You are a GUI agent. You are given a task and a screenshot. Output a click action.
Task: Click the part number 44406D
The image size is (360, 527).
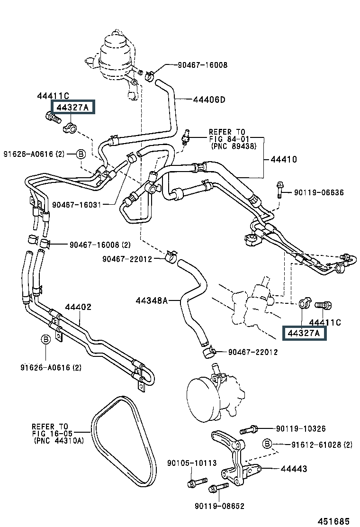point(209,100)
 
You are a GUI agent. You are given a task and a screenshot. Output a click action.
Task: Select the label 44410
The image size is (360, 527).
point(284,159)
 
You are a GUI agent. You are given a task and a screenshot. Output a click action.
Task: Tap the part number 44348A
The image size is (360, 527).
point(152,300)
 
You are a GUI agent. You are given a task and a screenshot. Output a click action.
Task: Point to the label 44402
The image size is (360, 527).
point(78,307)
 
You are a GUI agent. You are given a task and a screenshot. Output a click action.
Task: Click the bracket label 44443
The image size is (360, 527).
point(294,469)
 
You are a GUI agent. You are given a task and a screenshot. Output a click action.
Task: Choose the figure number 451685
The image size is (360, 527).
point(333,521)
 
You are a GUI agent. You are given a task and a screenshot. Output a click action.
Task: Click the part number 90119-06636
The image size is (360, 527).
point(319,192)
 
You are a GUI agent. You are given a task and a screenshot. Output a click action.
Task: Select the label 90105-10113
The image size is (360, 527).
point(192,463)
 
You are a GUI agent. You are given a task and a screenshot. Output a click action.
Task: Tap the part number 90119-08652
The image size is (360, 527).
point(219,506)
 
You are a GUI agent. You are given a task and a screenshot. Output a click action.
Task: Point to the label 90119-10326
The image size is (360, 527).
point(301,428)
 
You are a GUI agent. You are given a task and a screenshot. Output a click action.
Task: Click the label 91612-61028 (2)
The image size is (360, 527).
point(322,445)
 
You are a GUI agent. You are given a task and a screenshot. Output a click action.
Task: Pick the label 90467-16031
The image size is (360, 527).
point(77,205)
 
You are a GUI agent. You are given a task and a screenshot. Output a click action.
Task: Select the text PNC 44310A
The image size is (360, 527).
point(59,441)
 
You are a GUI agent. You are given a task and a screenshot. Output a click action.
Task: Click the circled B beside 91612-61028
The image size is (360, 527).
point(267,444)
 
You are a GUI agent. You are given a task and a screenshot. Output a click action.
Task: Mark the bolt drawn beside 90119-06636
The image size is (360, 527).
point(279,190)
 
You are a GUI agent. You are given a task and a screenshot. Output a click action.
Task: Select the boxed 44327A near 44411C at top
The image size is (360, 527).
point(72,107)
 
